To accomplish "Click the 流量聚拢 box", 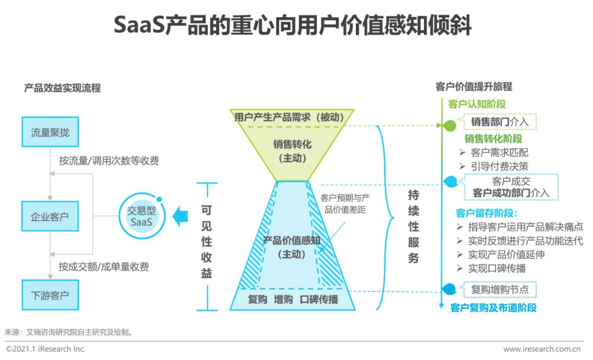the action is coord(51,132).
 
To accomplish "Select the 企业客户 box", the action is coord(50,216).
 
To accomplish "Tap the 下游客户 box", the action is coord(51,295).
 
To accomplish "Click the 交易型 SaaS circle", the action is coord(142,216).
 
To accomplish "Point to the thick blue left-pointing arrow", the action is coord(180,217).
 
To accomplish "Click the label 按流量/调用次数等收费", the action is coord(109,161).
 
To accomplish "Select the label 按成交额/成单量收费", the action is coord(104,267).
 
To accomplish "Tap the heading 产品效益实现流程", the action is coord(63,88).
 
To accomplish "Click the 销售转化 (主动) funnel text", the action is coord(292,151).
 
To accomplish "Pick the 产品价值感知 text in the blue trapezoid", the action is coord(292,240).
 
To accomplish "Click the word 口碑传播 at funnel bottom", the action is coord(319,300).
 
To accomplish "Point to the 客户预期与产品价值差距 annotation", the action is coord(345,204).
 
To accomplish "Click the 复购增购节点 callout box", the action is coord(500,290).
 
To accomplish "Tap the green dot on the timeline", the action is coord(449,126).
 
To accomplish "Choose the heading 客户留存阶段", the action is coord(486,213).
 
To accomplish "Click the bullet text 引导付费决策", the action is coord(500,166).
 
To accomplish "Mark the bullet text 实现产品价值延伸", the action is coord(506,255).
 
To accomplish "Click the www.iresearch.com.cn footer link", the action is coord(541,349).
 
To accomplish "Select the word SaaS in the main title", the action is coord(139,25).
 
